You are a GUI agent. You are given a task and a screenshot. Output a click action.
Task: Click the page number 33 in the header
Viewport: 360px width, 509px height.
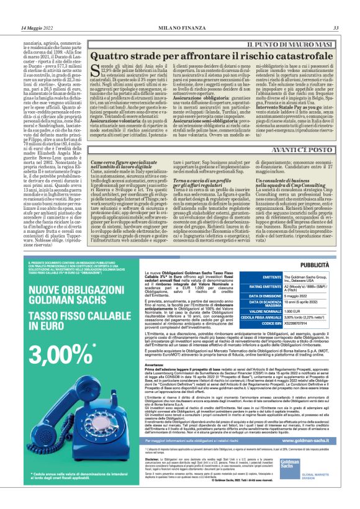point(336,28)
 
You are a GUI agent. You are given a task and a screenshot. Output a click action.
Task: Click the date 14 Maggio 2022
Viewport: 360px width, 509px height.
point(37,28)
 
